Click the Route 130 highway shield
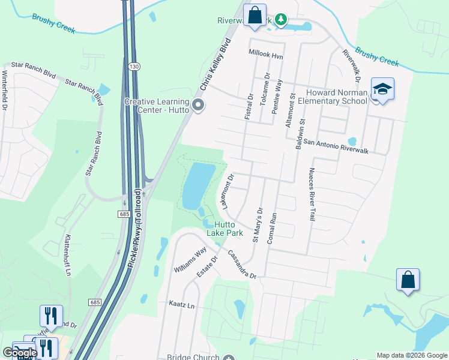point(137,67)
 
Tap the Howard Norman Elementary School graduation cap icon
point(382,89)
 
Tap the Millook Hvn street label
point(266,53)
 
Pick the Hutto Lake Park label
point(224,228)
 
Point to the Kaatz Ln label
point(182,305)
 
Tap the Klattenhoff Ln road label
point(67,256)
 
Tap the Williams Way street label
point(190,259)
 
